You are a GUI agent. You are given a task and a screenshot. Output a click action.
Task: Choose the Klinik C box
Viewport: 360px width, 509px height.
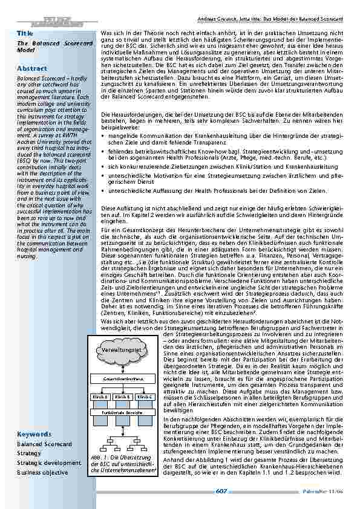(146, 397)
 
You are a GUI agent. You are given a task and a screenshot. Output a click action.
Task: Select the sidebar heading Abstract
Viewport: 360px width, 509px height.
(32, 68)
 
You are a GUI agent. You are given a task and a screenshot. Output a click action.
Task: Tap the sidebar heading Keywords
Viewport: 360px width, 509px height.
(33, 434)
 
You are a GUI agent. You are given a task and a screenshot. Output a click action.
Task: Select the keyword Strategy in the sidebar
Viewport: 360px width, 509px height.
(29, 453)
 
